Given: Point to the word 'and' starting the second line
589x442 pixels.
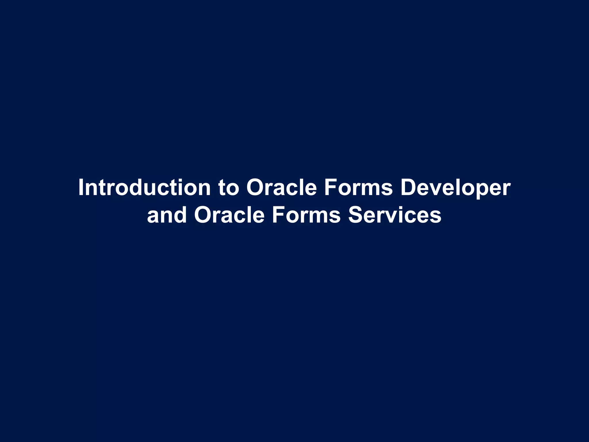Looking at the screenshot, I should tap(167, 215).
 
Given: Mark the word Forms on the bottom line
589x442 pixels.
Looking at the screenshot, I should tap(306, 215).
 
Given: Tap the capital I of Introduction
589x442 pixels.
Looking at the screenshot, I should tap(81, 187).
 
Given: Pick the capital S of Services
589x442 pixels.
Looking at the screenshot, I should tap(356, 215).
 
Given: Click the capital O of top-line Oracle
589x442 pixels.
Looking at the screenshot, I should tap(256, 188).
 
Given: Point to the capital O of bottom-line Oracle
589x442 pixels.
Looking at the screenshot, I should tap(204, 215).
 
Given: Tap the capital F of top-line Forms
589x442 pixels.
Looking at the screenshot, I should tap(331, 187).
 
